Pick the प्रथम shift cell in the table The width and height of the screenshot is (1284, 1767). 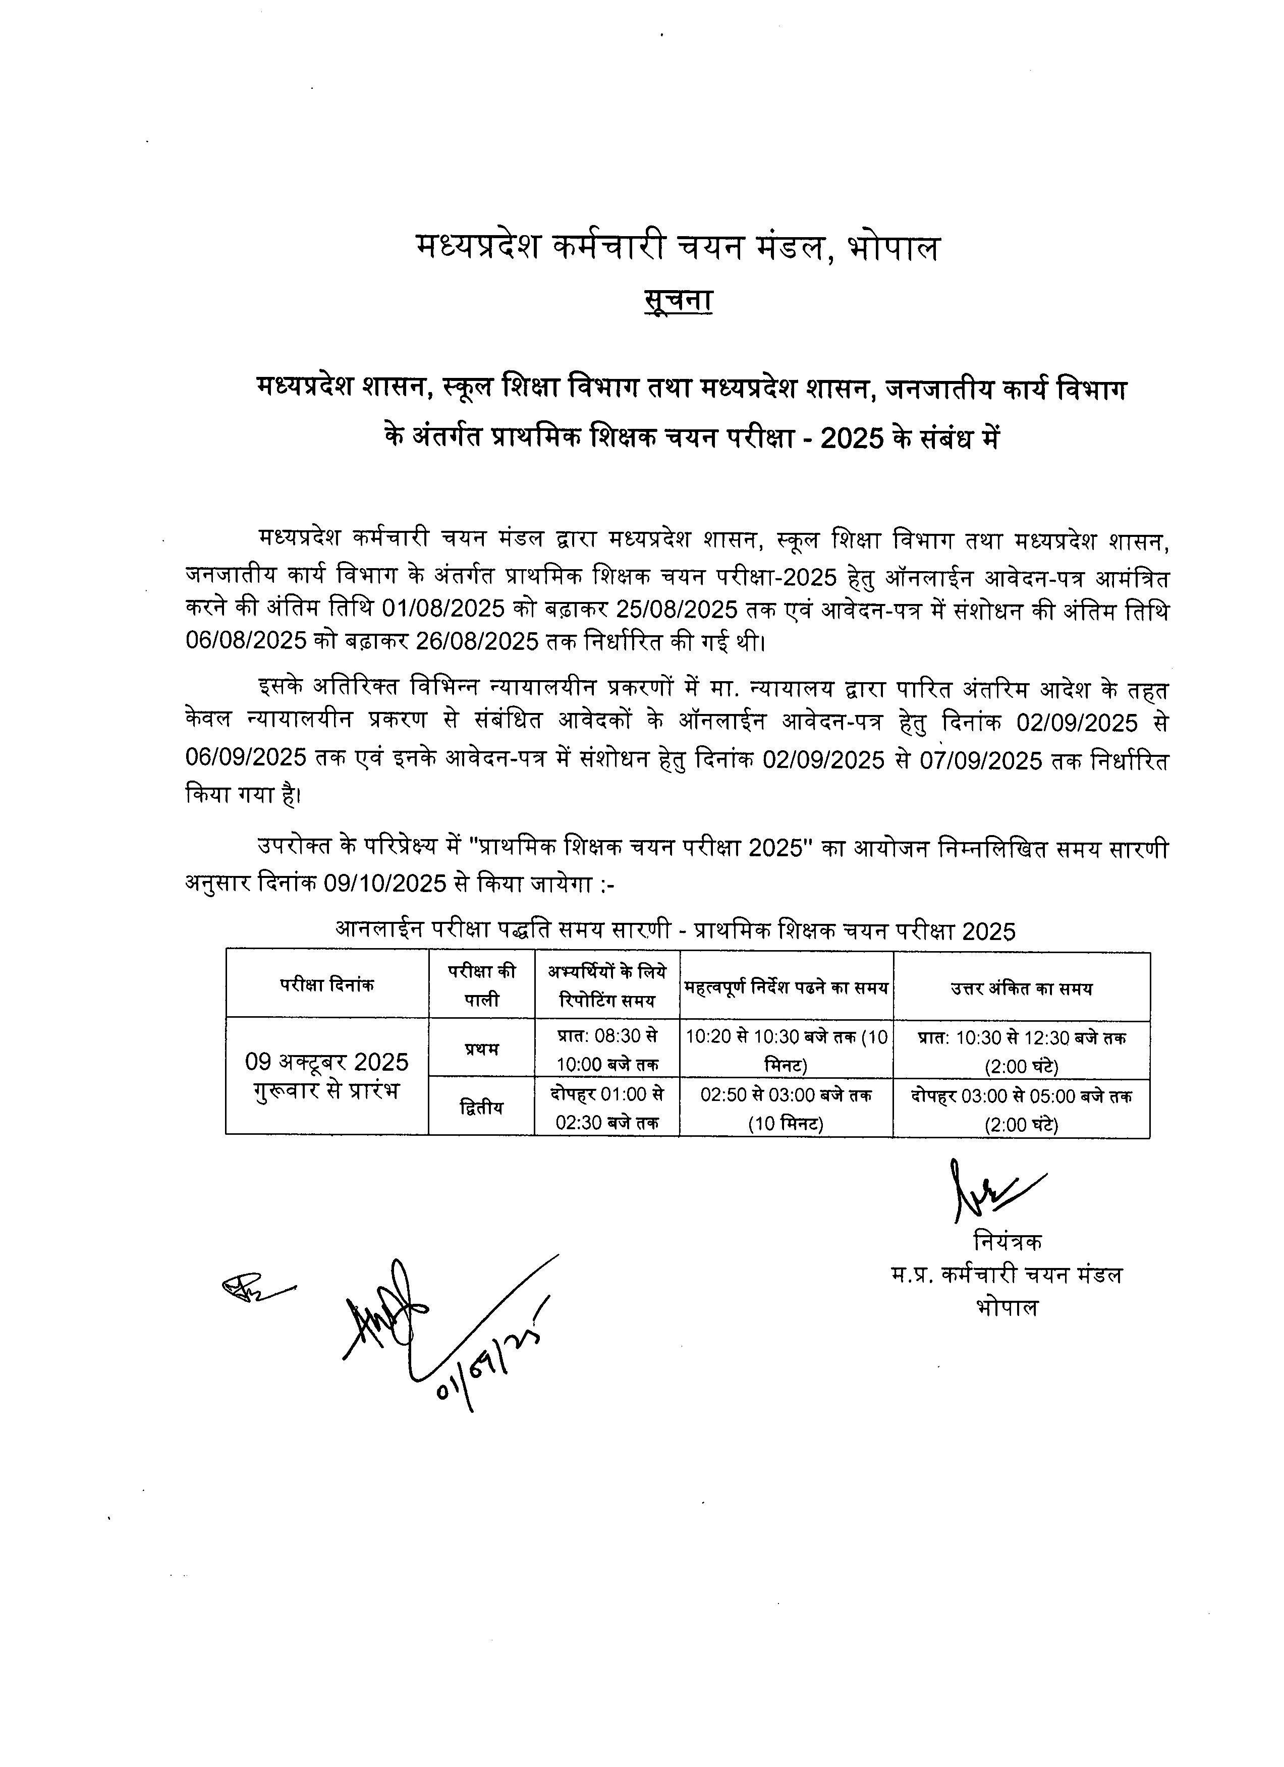[481, 1048]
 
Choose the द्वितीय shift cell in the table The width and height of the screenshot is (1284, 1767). [481, 1107]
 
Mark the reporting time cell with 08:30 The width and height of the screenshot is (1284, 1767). [607, 1048]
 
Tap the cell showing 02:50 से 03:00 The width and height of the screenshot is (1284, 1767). [786, 1107]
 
